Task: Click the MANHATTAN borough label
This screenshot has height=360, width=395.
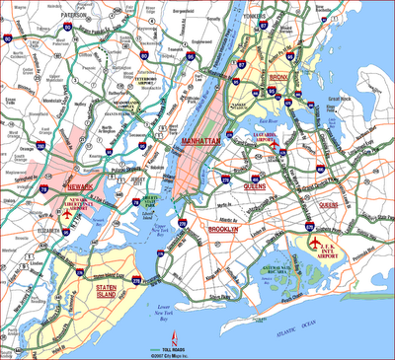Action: coord(197,144)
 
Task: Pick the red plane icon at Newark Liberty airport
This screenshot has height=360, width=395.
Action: coord(66,210)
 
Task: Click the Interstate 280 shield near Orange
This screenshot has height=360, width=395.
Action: coord(44,155)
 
